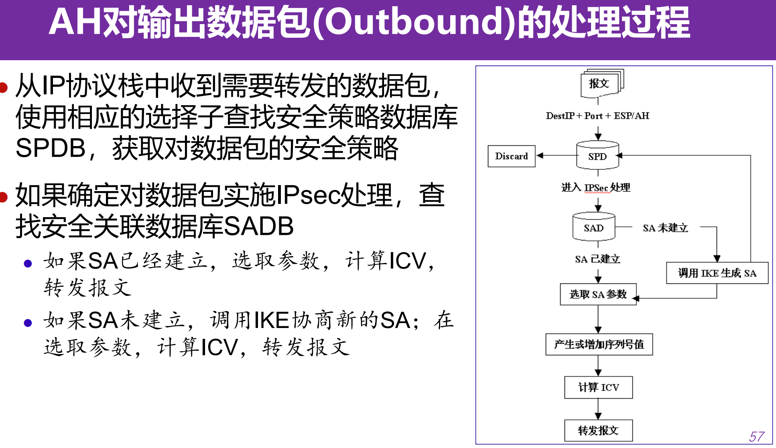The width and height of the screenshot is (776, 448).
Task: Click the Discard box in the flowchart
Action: [x=511, y=156]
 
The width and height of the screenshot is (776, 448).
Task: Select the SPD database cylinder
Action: [x=597, y=156]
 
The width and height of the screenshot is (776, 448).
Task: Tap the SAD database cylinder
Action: [x=593, y=227]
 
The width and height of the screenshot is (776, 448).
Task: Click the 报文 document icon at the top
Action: [x=599, y=83]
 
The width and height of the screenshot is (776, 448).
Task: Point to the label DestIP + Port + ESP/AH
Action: [x=597, y=116]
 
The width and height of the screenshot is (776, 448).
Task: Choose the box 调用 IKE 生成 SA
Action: [x=717, y=273]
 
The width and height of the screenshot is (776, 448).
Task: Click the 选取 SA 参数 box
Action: [x=598, y=294]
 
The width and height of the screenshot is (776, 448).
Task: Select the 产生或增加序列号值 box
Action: [x=599, y=344]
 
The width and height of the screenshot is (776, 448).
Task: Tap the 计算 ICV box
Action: [x=598, y=387]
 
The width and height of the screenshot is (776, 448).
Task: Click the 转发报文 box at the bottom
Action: [x=598, y=430]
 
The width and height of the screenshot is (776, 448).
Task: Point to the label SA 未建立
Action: [x=665, y=228]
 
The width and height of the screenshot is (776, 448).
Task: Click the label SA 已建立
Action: [x=597, y=259]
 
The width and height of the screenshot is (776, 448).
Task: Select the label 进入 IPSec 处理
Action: [x=595, y=187]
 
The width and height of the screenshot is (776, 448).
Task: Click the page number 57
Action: [x=756, y=437]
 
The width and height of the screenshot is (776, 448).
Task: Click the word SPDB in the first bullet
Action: [x=51, y=148]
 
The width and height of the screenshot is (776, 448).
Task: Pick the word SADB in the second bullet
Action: [x=258, y=226]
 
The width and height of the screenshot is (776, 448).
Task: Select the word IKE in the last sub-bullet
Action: [x=272, y=321]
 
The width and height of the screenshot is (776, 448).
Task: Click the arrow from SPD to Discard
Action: [x=556, y=155]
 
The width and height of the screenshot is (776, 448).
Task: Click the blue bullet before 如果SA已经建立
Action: [x=28, y=263]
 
